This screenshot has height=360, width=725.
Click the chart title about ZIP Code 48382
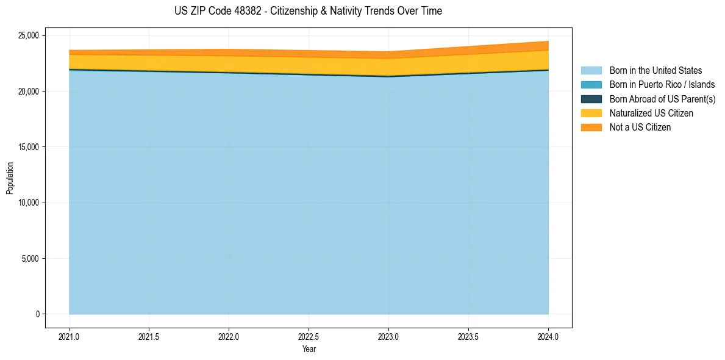pyautogui.click(x=308, y=11)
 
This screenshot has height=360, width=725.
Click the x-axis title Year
pyautogui.click(x=309, y=349)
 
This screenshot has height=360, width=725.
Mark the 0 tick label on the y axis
pyautogui.click(x=37, y=314)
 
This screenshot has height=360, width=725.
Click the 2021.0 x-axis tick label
pyautogui.click(x=70, y=336)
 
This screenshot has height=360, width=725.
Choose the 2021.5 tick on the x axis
pyautogui.click(x=149, y=336)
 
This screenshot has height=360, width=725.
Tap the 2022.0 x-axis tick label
pyautogui.click(x=229, y=336)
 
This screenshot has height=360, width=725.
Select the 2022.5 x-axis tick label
pyautogui.click(x=309, y=336)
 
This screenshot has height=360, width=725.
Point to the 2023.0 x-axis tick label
pyautogui.click(x=388, y=336)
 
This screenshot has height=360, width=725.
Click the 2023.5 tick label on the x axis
pyautogui.click(x=468, y=336)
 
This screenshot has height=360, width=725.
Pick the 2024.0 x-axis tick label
pyautogui.click(x=548, y=336)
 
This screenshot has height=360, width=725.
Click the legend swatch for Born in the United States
pyautogui.click(x=591, y=71)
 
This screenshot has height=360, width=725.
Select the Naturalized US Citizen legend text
pyautogui.click(x=651, y=113)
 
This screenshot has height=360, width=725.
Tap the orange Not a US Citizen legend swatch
pyautogui.click(x=591, y=128)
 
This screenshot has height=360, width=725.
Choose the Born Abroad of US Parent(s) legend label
pyautogui.click(x=662, y=99)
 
